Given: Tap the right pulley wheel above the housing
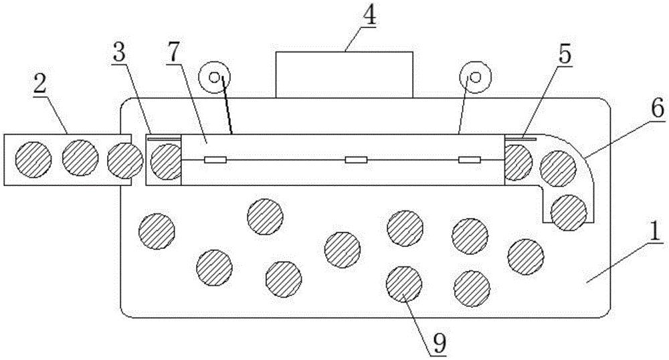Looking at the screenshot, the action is [x=475, y=77].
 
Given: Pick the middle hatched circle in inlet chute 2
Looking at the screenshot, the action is [x=80, y=158].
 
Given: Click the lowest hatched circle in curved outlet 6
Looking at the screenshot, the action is [x=569, y=212].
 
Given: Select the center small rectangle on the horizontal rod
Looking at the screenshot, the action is [x=355, y=160].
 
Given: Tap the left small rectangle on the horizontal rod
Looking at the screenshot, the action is [x=216, y=160].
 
